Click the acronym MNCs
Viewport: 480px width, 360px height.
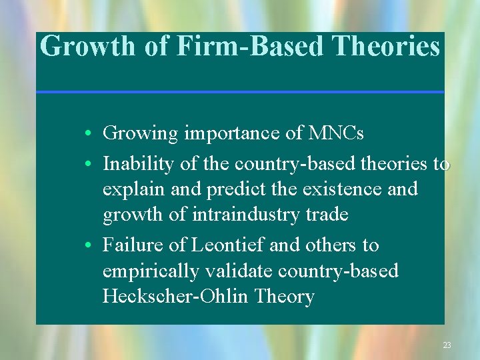(337, 133)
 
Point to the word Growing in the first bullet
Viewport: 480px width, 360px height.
(141, 133)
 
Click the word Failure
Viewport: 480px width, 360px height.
(132, 245)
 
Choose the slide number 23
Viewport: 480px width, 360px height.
(447, 345)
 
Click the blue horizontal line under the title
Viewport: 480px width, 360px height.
(240, 91)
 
